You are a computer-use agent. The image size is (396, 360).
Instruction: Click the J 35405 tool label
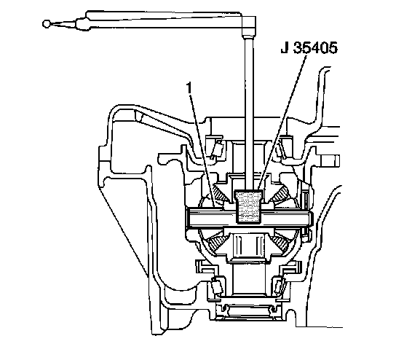point(309,47)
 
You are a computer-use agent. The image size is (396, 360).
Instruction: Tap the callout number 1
point(189,88)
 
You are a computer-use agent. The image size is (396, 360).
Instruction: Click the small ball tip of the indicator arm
point(46,24)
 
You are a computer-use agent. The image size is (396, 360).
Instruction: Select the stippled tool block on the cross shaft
point(249,207)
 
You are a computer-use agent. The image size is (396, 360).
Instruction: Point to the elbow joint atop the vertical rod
point(249,26)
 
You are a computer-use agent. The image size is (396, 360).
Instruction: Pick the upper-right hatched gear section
point(280,194)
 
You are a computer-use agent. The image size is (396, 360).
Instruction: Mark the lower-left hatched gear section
point(218,242)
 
